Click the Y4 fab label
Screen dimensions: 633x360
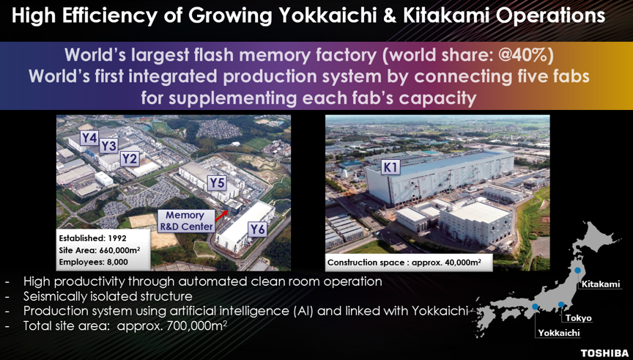[89, 138]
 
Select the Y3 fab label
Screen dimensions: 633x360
[108, 146]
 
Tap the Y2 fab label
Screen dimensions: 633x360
[130, 159]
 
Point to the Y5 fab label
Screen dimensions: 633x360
[217, 183]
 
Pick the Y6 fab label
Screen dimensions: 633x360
[257, 229]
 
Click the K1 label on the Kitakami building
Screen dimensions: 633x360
[390, 167]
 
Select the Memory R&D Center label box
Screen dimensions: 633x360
[185, 221]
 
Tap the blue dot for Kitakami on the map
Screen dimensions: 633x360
[578, 270]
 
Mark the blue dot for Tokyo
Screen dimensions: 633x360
[561, 304]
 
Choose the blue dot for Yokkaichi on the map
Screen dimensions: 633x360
[536, 306]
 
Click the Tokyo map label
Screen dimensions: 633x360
[579, 318]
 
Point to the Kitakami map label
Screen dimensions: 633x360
[601, 284]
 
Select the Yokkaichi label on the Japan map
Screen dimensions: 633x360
[559, 333]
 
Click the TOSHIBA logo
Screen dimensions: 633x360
[604, 353]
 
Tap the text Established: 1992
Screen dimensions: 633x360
[92, 238]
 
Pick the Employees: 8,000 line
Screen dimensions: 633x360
[93, 262]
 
